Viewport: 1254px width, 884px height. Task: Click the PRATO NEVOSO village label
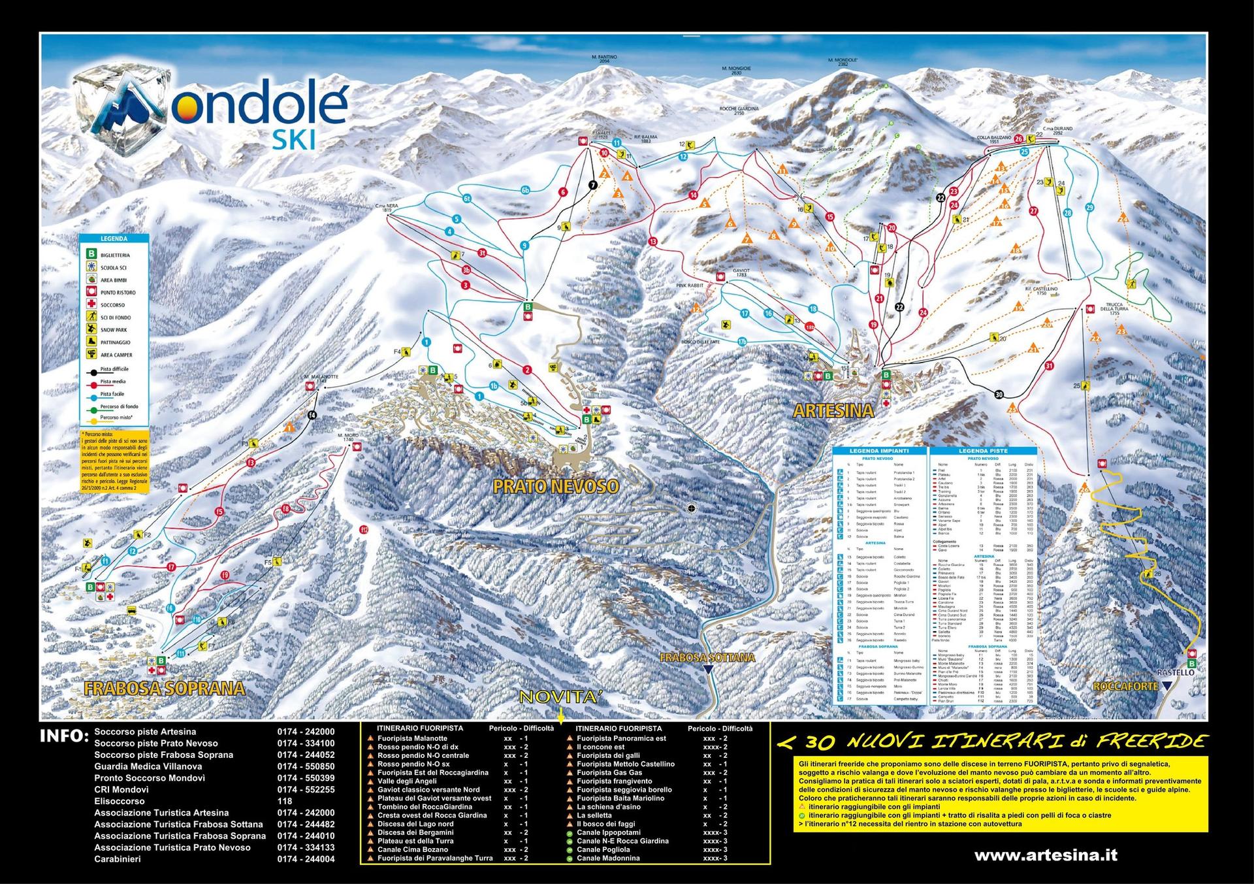[555, 486]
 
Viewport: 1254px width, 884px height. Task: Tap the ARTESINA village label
[833, 411]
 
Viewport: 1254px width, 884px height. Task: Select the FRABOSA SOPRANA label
[165, 688]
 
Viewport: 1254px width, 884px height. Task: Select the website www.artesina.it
[1045, 855]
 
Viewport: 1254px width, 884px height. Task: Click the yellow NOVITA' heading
[560, 698]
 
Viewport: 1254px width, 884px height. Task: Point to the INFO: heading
[64, 736]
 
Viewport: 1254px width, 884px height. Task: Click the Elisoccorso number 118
[285, 801]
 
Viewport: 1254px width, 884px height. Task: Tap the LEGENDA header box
[114, 239]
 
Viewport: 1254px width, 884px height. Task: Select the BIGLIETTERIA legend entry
[115, 255]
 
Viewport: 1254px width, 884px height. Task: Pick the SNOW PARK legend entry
[114, 330]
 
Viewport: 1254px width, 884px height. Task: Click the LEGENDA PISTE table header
[983, 451]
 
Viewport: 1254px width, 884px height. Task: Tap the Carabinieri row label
[118, 859]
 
